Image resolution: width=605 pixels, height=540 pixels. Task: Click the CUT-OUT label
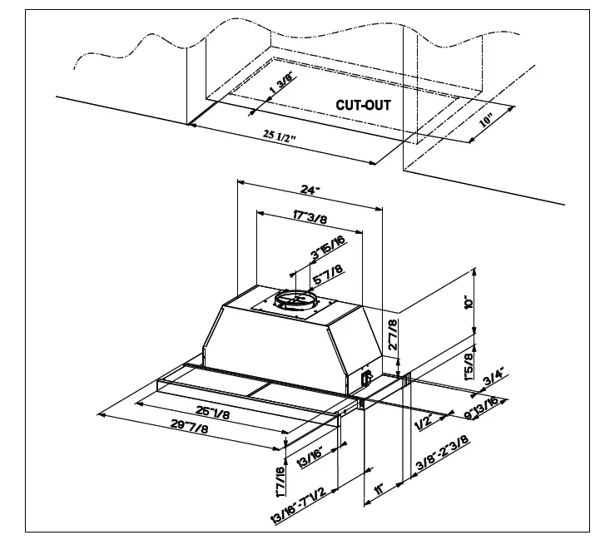click(363, 106)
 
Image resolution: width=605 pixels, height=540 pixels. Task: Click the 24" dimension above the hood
click(310, 191)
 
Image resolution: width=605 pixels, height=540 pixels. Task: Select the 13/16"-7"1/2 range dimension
click(304, 499)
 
